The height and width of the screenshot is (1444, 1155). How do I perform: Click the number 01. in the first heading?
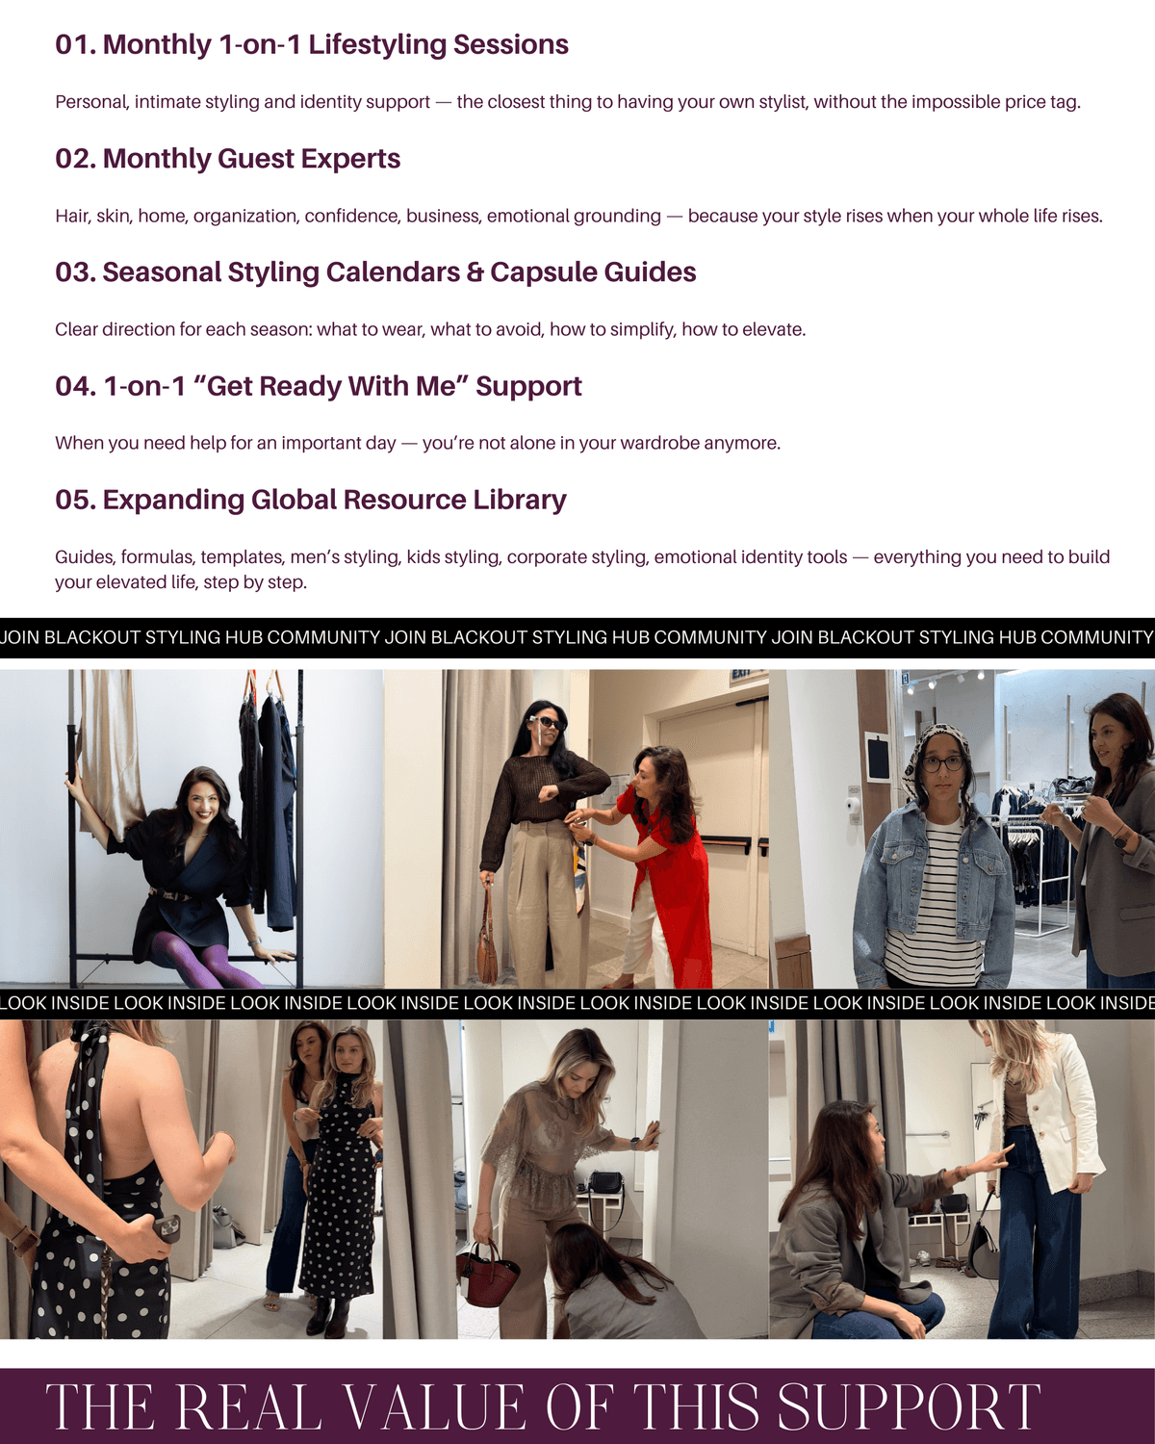pyautogui.click(x=76, y=45)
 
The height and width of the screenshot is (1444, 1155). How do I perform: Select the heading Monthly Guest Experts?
pyautogui.click(x=251, y=159)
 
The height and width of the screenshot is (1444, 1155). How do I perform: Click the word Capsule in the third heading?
pyautogui.click(x=542, y=273)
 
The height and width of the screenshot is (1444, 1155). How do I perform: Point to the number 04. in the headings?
pyautogui.click(x=76, y=386)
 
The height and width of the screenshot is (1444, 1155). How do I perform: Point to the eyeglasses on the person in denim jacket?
pyautogui.click(x=943, y=763)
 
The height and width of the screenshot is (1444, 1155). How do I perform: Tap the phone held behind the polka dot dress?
pyautogui.click(x=166, y=1228)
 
